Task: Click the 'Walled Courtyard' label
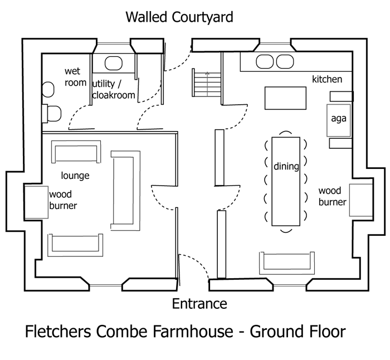(179, 17)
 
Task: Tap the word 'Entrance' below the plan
(199, 304)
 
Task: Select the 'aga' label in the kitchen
(339, 118)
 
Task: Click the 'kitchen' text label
(327, 79)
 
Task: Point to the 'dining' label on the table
(286, 166)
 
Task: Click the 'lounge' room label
(76, 176)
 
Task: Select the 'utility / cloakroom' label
(114, 89)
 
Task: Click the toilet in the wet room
(52, 114)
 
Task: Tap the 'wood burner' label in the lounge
(63, 200)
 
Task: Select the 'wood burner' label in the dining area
(333, 197)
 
